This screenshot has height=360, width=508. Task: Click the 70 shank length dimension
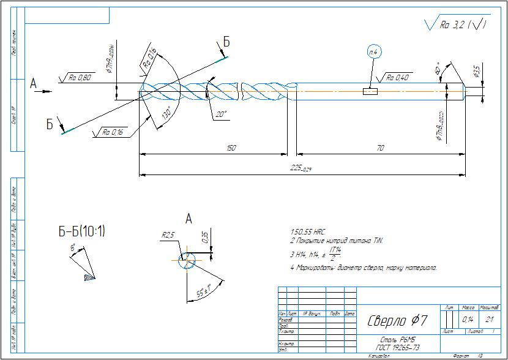[x=380, y=149]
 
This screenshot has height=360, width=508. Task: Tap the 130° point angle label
[x=166, y=114]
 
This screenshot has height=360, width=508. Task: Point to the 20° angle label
[x=221, y=114]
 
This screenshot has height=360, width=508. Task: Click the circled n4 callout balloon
[x=374, y=53]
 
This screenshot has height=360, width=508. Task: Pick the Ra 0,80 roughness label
[x=80, y=78]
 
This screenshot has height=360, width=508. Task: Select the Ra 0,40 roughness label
[x=397, y=78]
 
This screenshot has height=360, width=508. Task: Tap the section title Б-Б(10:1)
[x=81, y=231]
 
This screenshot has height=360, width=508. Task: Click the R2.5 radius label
[x=168, y=234]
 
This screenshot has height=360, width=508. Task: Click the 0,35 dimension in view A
[x=204, y=237]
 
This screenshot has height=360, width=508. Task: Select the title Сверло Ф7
[x=397, y=320]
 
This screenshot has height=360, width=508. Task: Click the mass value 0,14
[x=468, y=320]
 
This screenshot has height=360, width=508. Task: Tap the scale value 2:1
[x=490, y=320]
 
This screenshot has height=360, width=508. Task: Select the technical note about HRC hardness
[x=308, y=233]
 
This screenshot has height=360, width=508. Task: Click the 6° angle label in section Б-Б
[x=73, y=247]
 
